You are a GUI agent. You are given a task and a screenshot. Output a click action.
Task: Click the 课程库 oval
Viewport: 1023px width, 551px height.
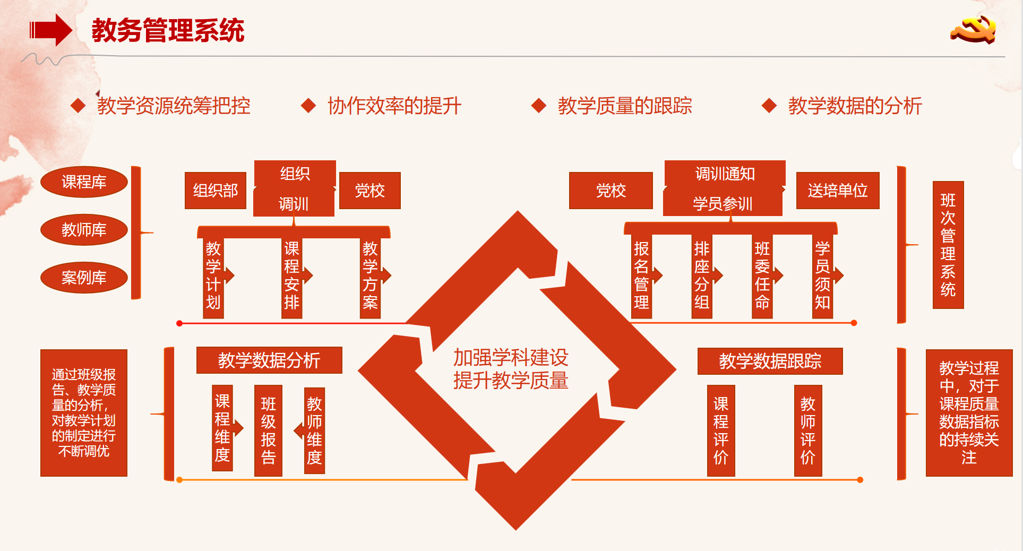pyautogui.click(x=84, y=182)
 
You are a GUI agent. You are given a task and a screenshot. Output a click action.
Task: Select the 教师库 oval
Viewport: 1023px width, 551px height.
pyautogui.click(x=84, y=230)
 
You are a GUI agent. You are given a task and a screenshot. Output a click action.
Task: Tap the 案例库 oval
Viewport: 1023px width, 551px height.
pyautogui.click(x=84, y=278)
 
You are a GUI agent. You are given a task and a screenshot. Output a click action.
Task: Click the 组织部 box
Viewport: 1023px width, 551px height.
pyautogui.click(x=216, y=191)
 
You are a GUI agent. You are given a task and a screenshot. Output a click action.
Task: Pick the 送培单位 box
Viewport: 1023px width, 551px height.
pyautogui.click(x=837, y=191)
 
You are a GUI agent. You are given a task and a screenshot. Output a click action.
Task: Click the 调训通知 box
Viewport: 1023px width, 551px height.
pyautogui.click(x=725, y=174)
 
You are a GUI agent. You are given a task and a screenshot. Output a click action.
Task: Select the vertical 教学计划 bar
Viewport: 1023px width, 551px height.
pyautogui.click(x=213, y=276)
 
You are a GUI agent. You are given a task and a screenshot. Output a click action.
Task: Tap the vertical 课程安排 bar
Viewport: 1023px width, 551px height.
pyautogui.click(x=292, y=276)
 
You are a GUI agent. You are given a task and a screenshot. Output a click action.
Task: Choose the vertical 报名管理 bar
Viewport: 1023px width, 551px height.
pyautogui.click(x=641, y=276)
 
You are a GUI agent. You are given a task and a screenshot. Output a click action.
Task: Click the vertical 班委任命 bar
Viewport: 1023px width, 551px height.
pyautogui.click(x=762, y=276)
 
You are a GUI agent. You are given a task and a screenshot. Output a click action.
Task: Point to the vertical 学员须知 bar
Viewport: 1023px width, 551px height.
pyautogui.click(x=822, y=276)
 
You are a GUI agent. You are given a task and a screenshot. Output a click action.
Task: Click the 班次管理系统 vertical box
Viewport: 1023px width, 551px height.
pyautogui.click(x=948, y=245)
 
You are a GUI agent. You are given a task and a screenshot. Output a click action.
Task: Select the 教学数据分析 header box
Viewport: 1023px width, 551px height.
pyautogui.click(x=269, y=360)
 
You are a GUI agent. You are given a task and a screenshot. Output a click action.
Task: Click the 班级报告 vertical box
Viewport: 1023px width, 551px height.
pyautogui.click(x=268, y=431)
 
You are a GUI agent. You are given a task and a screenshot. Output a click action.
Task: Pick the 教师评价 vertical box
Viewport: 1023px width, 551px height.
pyautogui.click(x=807, y=431)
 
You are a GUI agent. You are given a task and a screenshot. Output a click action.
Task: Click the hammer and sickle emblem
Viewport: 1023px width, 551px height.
pyautogui.click(x=974, y=30)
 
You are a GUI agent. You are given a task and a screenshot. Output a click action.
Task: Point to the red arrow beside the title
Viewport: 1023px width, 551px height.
pyautogui.click(x=51, y=30)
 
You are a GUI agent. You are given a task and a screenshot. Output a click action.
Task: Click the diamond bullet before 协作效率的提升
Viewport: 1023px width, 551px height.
pyautogui.click(x=308, y=106)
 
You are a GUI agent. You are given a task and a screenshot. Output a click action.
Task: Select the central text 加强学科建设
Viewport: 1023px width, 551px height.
pyautogui.click(x=511, y=358)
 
